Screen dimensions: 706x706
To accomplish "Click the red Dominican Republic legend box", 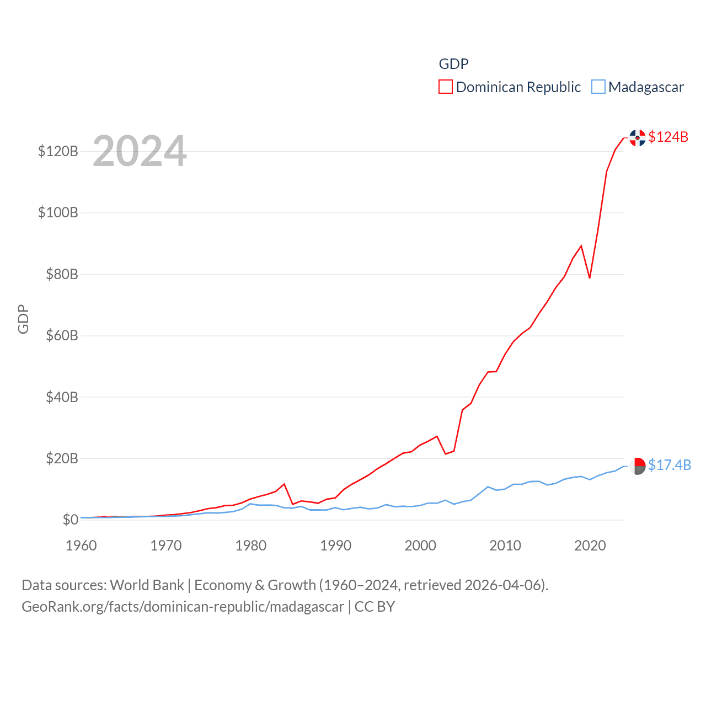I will pos(446,87).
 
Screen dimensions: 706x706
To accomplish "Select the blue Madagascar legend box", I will pos(598,87).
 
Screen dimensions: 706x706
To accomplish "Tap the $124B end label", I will pos(668,137).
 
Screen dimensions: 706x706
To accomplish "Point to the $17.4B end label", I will pos(670,465).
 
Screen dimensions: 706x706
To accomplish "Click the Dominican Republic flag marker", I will pos(638,137).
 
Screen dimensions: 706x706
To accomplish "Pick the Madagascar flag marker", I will pos(638,466).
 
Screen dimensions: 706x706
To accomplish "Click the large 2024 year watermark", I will pos(140,151).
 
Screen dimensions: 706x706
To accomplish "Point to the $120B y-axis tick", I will pos(58,151).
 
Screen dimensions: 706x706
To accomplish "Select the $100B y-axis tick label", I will pos(58,212).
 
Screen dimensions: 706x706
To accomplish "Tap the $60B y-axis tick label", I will pos(62,335).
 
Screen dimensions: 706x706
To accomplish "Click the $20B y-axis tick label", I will pos(62,458).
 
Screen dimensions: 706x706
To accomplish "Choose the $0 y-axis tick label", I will pos(70,520).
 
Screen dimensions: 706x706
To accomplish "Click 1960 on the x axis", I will pos(81,545).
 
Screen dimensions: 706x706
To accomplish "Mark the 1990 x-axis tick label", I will pos(335,545).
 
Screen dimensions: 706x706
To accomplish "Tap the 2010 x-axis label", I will pos(505,545).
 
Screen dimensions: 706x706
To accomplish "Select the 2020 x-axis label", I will pos(590,545).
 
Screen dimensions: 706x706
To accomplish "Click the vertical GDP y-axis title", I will pos(23,319).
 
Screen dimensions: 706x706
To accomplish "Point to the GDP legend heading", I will pos(453,64).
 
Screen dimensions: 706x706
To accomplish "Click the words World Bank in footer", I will pos(147,585).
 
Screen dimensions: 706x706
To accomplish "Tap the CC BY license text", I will pos(375,607).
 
